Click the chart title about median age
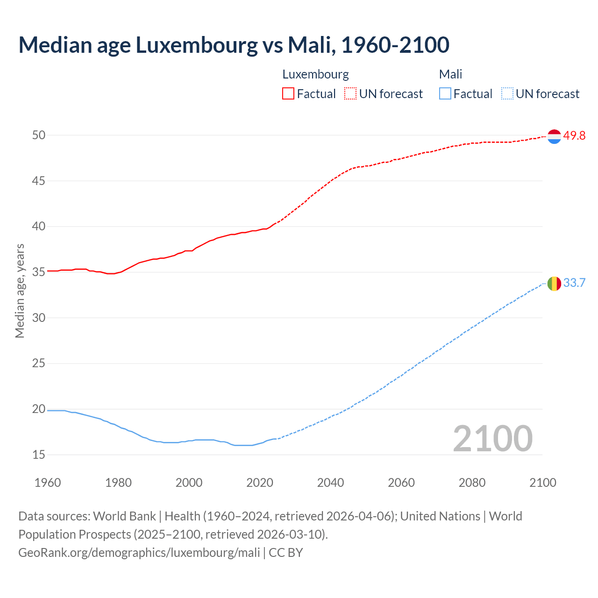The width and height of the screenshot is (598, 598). point(234,45)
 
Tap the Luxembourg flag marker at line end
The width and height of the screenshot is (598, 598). point(554,136)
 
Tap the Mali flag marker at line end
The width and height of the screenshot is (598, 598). point(554,283)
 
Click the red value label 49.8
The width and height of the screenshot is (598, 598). point(574,136)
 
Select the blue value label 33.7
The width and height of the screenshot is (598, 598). point(574,283)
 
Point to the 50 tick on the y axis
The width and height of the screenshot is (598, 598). point(39,135)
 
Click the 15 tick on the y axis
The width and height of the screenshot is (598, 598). point(39,455)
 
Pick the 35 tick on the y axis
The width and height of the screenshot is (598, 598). point(39,272)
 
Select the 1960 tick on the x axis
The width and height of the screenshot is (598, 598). point(48,483)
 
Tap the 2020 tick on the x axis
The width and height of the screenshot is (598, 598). point(260,483)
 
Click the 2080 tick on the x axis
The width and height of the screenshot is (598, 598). point(472,483)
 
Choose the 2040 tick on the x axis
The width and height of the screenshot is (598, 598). point(330,483)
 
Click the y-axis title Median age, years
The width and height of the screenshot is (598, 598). point(20,291)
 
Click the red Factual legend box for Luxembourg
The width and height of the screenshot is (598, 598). point(288,94)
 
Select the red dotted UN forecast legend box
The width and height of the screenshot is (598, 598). point(350,94)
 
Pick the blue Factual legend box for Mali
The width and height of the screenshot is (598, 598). point(445,94)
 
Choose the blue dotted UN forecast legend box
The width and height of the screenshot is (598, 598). point(507,94)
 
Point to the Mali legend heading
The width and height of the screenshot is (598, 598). point(450,74)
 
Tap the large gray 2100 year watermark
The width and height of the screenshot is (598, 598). point(492,439)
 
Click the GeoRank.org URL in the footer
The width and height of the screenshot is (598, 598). point(139,553)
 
